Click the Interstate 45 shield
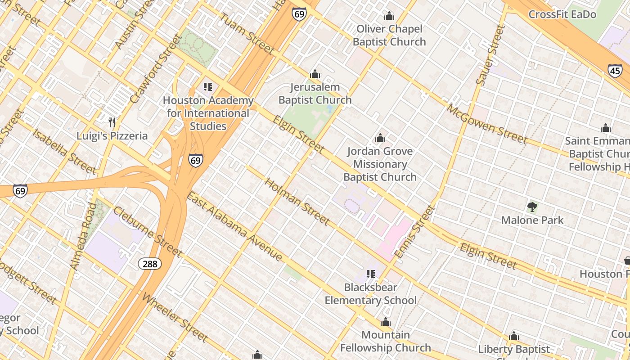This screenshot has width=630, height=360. coord(615,70)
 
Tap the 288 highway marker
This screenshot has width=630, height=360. coord(149,263)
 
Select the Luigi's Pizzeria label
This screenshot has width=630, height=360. coord(112,136)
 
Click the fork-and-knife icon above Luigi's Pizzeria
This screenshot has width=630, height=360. coord(112,122)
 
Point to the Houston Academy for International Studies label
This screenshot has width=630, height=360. coord(208,113)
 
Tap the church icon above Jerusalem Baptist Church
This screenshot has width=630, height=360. coord(315,74)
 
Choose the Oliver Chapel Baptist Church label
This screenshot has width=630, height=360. coord(389,36)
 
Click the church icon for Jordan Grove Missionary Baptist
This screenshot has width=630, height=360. coord(380,138)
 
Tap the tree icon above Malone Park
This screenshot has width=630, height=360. coord(532,207)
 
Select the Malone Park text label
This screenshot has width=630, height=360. coord(532,220)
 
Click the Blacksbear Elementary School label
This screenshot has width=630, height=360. coord(371,294)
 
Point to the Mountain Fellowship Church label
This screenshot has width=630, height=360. coord(386,341)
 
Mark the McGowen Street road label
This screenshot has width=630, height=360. coord(486,124)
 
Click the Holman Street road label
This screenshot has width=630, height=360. coord(297,201)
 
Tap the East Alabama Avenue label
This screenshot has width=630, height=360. coord(234,226)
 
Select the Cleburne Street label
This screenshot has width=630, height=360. coord(147,231)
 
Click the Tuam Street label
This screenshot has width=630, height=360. coord(247,33)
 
